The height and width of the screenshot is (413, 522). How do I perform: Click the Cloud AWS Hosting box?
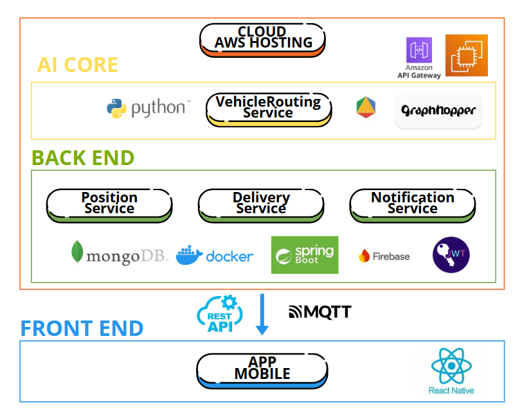[x=262, y=40]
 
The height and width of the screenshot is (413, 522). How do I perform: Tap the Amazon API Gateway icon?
[x=419, y=51]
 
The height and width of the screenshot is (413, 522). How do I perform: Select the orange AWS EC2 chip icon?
[x=467, y=56]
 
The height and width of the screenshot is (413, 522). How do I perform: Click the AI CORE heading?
[x=77, y=65]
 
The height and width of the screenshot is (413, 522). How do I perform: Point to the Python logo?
[x=148, y=108]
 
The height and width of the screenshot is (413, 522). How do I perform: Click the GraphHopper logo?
[x=438, y=110]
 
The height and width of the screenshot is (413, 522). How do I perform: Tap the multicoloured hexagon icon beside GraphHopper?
[x=366, y=107]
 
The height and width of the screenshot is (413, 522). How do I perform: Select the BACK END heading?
[x=83, y=158]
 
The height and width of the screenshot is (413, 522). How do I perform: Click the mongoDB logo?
[x=119, y=255]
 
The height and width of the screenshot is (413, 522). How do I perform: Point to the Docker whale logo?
[x=215, y=255]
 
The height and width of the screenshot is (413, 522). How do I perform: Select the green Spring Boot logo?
[x=305, y=255]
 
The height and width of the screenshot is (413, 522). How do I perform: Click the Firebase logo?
[x=384, y=256]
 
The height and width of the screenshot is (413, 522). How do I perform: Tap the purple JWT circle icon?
[x=451, y=255]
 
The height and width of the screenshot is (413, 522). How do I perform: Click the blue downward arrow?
[x=262, y=314]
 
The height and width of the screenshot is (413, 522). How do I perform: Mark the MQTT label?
[x=320, y=313]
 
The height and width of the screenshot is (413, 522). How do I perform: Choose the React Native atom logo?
[x=451, y=367]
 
